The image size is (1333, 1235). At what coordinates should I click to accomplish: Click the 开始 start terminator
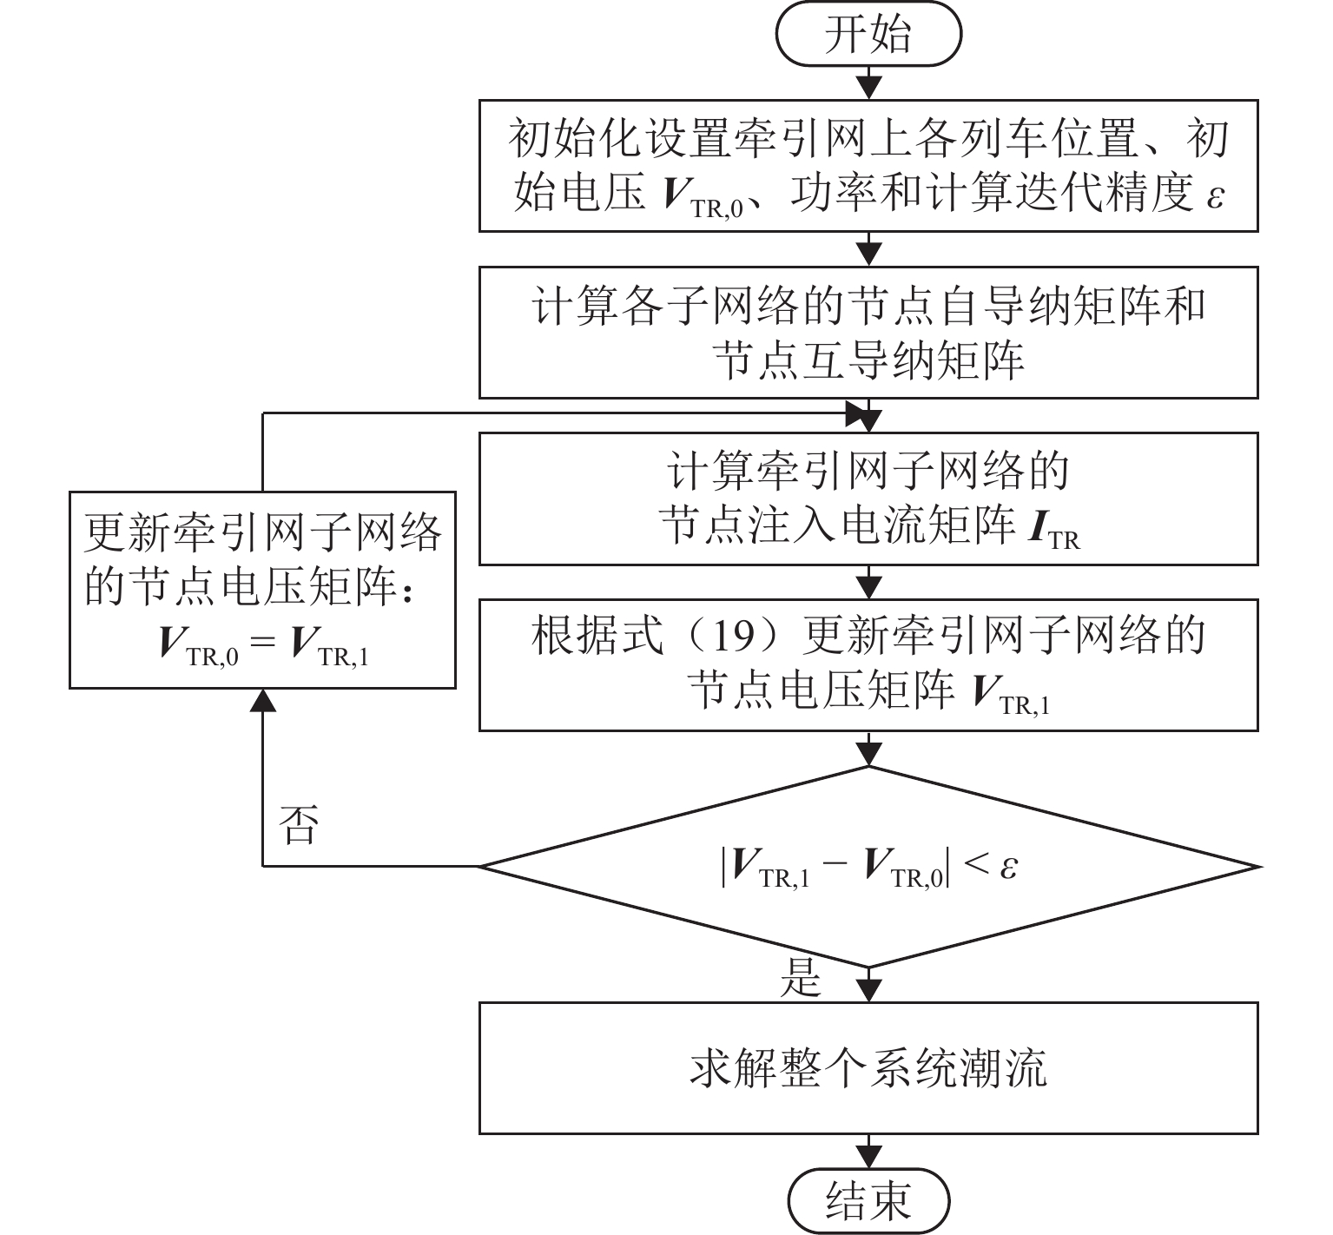[x=868, y=36]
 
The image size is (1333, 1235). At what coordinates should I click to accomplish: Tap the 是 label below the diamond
[x=800, y=978]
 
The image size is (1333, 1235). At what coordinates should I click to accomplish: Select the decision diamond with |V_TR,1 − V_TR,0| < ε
[x=868, y=867]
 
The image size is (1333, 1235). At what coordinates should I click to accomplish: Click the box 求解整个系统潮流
[x=868, y=1067]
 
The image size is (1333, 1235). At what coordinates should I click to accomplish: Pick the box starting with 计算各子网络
[x=868, y=333]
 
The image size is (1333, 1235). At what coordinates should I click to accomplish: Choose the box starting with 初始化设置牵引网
[x=868, y=165]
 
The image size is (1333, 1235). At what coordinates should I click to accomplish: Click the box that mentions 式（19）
[x=868, y=664]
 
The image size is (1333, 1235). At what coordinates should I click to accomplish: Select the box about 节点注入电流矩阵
[x=868, y=499]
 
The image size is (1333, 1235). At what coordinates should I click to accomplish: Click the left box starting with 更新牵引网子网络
[x=262, y=591]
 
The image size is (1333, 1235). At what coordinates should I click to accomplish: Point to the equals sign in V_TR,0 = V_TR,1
[x=262, y=644]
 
